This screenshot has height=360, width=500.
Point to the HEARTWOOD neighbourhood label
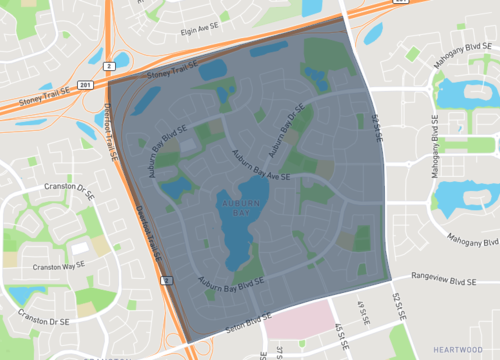(x=458, y=347)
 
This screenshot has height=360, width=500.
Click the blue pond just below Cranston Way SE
(x=22, y=294)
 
